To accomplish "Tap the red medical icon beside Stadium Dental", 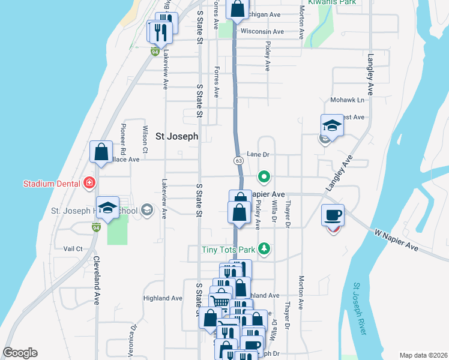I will tap(89, 182).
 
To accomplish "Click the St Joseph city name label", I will tap(176, 136).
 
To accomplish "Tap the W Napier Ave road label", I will tap(396, 239).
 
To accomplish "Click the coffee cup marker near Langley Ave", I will tap(333, 215).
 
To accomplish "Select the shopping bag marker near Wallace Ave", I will tap(101, 152).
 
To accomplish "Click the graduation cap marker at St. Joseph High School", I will tap(107, 209).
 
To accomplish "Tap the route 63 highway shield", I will tap(238, 160).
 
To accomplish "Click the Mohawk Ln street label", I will tap(348, 100).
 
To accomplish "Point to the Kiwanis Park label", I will tap(332, 2).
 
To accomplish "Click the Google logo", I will tap(20, 353).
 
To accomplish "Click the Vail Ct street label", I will tap(73, 248).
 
